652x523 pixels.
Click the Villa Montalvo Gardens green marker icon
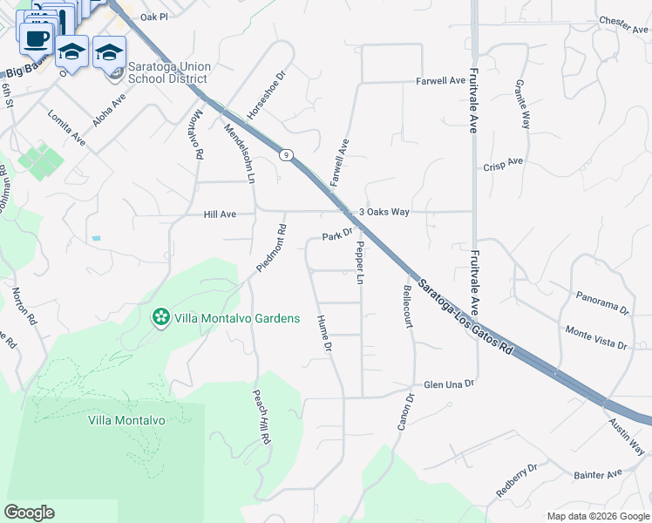point(160,317)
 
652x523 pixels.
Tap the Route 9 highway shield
point(285,154)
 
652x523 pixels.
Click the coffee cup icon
point(37,39)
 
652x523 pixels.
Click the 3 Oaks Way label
point(384,212)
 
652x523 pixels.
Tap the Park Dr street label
point(336,235)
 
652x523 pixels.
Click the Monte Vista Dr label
point(596,338)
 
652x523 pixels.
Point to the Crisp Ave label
point(503,163)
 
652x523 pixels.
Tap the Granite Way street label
point(523,105)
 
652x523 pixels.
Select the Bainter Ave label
point(598,474)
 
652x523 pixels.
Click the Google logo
point(29,513)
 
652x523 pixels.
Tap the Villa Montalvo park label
point(127,419)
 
